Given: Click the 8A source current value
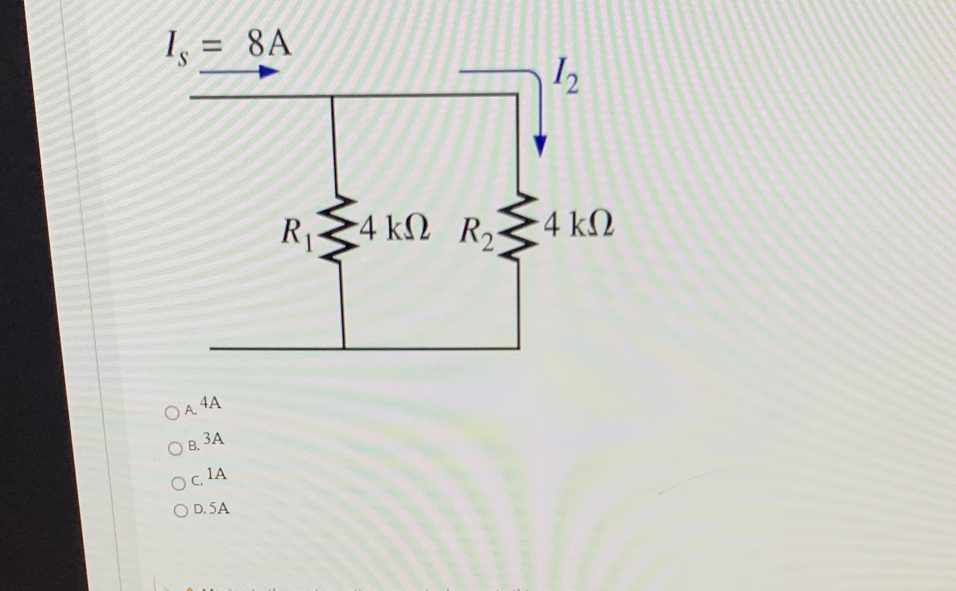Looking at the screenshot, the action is pos(270,45).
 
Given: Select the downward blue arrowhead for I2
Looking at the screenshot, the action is pos(539,146).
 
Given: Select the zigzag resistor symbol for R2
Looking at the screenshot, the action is pos(518,227).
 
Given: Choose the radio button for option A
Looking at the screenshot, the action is pos(172,413).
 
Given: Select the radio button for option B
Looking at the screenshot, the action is pos(176,448).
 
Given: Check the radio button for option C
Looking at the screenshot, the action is pos(178,483).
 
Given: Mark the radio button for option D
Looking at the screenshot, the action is pos(181,511).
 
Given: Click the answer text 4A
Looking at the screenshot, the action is pos(210,403).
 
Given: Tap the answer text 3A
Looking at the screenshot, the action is pos(213,439).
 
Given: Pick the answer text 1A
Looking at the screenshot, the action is pos(216,474).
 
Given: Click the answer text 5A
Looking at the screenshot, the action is pos(219,508).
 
